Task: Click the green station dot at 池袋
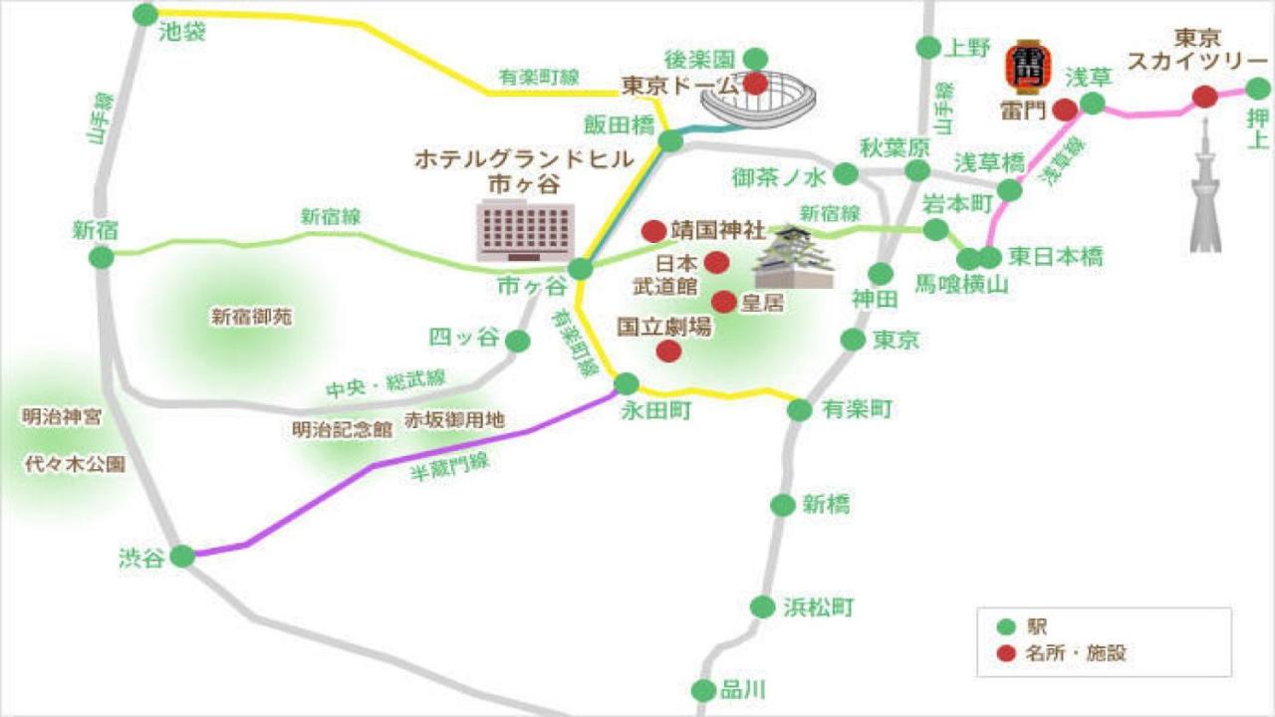point(145,14)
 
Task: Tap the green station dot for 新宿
point(102,258)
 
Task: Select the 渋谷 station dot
point(182,556)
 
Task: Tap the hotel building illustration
point(525,230)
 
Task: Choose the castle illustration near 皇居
point(794,257)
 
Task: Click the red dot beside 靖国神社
point(653,231)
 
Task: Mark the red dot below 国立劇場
point(669,351)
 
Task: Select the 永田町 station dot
point(627,383)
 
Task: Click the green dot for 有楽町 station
point(800,409)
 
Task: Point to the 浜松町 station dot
point(762,606)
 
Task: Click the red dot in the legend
point(1006,653)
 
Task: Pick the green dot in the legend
point(1006,627)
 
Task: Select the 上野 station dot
point(928,47)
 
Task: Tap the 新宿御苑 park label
point(251,318)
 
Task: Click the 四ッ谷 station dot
point(518,342)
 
